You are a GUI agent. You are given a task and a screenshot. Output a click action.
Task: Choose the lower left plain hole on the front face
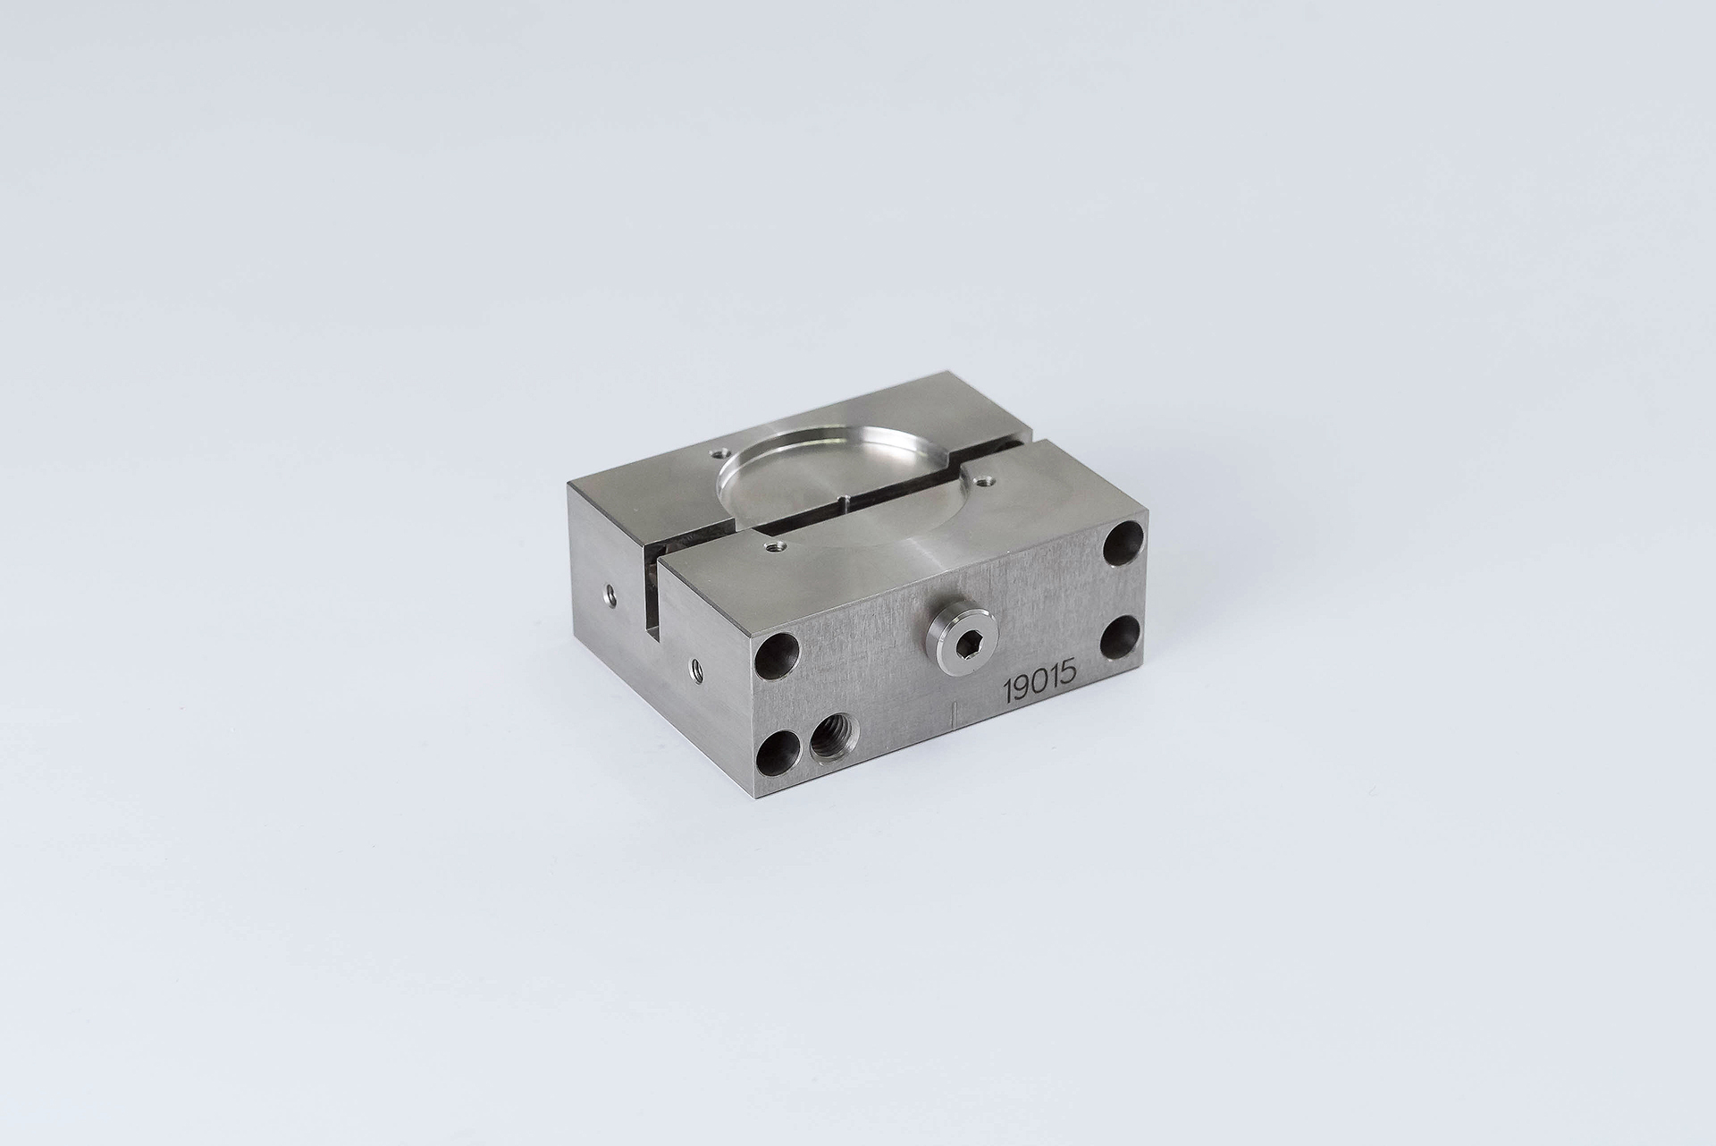[778, 752]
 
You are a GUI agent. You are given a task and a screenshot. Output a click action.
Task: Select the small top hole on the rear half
[714, 453]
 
